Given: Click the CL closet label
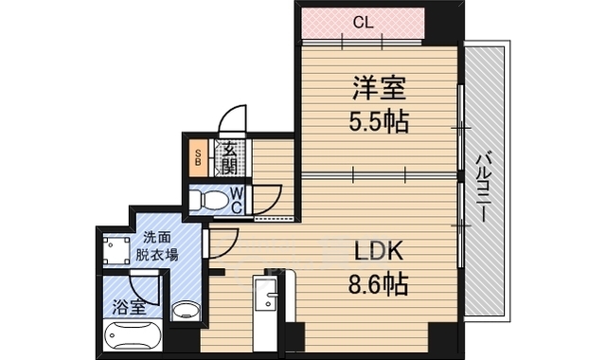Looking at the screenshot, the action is coord(364,23).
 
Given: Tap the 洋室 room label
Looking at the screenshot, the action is coord(379,88).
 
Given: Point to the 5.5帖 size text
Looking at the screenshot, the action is coord(379,121).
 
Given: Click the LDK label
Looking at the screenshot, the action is coord(379,250).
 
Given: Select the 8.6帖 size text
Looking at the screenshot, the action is coord(379,284).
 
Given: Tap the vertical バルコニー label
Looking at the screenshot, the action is coord(484,188).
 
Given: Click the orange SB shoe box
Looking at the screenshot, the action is coord(198,158).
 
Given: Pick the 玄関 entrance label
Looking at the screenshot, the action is coord(230,157).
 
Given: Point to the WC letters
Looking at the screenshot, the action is coord(237,200).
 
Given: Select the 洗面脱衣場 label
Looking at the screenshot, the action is coord(156,245).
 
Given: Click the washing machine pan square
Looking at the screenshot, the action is coord(116,250).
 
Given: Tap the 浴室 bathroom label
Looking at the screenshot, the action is coord(129,307).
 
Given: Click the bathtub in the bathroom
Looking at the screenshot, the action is coord(133,335).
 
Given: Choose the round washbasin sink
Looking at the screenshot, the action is coord(186,311).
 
